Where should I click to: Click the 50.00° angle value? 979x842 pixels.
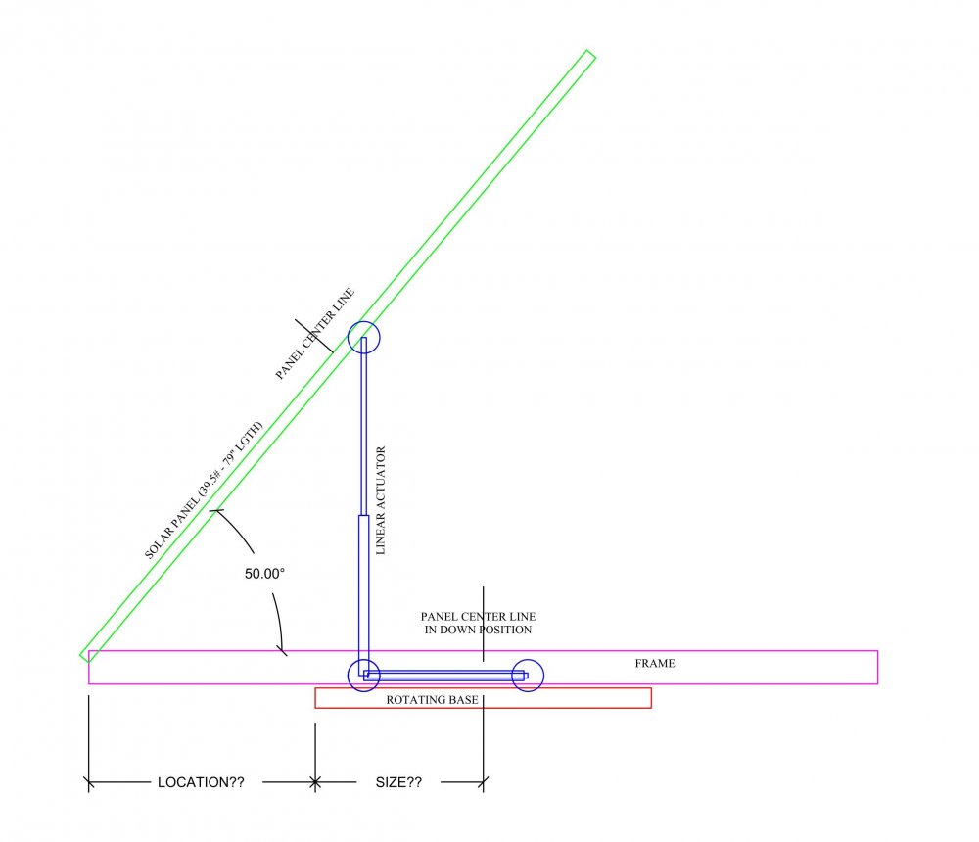point(264,574)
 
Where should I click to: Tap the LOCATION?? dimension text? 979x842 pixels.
point(201,783)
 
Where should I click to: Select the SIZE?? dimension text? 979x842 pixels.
point(398,783)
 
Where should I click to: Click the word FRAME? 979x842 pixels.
point(655,664)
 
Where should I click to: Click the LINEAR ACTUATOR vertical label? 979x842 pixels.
point(382,501)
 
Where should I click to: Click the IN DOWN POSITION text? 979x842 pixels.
point(478,630)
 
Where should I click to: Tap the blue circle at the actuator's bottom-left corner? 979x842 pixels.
point(364,675)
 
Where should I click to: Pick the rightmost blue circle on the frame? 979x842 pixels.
point(528,675)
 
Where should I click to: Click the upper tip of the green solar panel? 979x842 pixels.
point(590,55)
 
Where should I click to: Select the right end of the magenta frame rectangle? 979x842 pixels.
point(876,667)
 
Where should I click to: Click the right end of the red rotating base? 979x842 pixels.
point(650,698)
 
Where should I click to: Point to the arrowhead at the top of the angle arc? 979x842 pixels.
point(218,512)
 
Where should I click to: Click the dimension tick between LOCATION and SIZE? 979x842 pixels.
point(315,782)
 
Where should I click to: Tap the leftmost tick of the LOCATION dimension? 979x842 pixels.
point(89,782)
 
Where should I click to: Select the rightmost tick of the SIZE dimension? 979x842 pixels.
point(484,782)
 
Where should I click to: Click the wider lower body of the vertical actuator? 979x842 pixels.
point(362,587)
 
